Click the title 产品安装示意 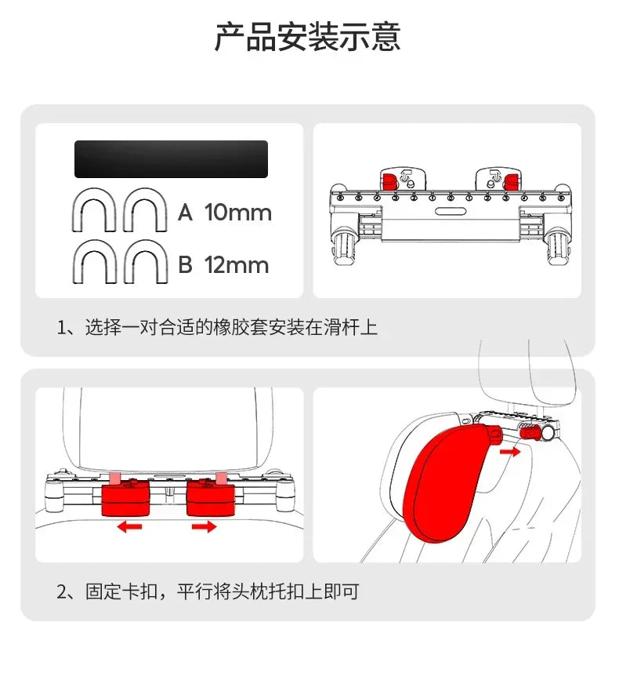(308, 37)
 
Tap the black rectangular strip (171, 159)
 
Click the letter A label (185, 213)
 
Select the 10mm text (238, 213)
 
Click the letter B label (185, 265)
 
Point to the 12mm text (237, 265)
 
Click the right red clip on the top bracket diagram (511, 180)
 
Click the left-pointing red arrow (130, 527)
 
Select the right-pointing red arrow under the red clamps (204, 527)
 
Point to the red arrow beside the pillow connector (509, 452)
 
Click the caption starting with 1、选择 (217, 327)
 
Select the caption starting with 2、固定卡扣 (208, 591)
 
